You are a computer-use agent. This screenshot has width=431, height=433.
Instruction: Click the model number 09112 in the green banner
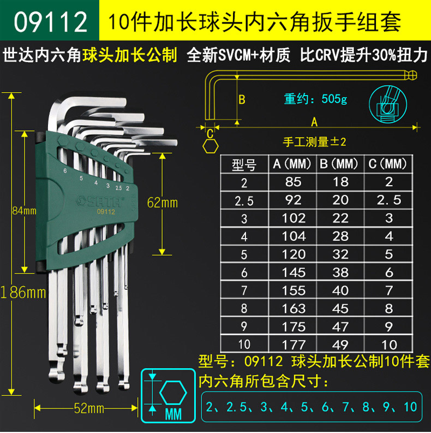tap(51, 22)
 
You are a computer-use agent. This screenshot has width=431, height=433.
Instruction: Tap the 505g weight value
tap(334, 99)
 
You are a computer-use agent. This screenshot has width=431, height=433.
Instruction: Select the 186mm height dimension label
tap(23, 293)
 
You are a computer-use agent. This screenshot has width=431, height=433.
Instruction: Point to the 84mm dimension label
tap(25, 211)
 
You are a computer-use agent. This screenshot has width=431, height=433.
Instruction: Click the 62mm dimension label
tap(162, 203)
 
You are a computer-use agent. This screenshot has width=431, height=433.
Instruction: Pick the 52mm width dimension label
tap(89, 408)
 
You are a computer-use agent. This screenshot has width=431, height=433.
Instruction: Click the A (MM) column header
tap(292, 164)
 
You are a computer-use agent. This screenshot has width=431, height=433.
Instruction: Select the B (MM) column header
tap(339, 164)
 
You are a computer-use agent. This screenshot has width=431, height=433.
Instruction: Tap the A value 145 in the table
tap(294, 272)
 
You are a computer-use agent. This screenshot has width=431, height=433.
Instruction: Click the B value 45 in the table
tap(341, 309)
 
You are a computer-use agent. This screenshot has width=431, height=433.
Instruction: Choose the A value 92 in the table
tap(294, 200)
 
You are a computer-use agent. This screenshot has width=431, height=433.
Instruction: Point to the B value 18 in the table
tap(341, 182)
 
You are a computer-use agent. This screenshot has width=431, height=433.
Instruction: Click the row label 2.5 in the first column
tap(244, 201)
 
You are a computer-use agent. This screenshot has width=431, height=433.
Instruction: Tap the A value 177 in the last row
tap(294, 345)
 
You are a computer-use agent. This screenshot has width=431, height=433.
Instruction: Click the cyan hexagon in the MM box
tap(173, 393)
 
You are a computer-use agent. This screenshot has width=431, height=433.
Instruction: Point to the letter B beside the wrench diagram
tap(242, 100)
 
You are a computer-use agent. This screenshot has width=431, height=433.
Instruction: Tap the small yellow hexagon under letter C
tap(211, 146)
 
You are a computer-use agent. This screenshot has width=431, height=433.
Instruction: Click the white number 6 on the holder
tap(65, 171)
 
